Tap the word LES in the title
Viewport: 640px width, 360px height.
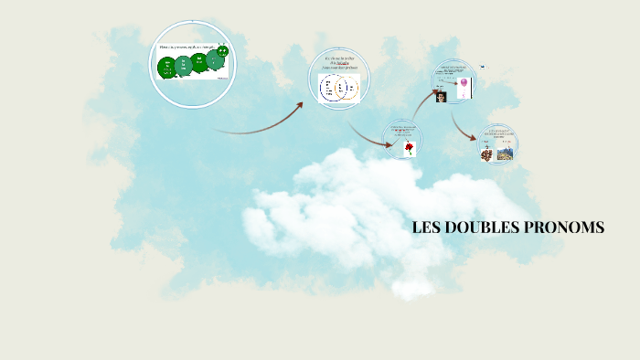(x=426, y=228)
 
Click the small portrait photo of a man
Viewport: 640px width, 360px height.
(x=441, y=96)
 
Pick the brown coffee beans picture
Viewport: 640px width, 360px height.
(x=487, y=155)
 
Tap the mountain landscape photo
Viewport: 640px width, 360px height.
(x=504, y=154)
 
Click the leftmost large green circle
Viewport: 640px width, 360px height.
(x=167, y=67)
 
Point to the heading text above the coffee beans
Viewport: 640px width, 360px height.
(x=498, y=135)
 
